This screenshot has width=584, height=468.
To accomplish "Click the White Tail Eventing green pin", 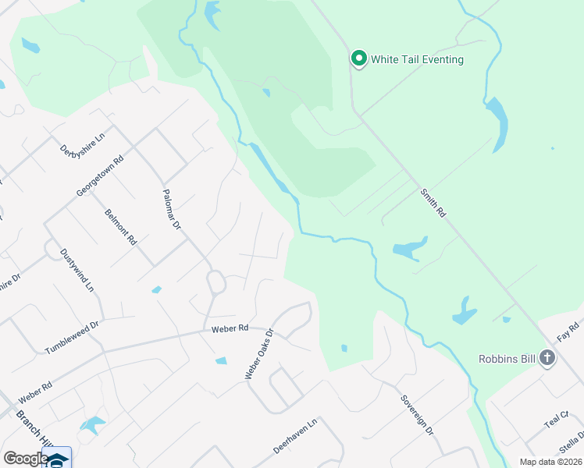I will click(x=358, y=58).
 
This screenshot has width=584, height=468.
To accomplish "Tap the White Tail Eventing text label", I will click(x=417, y=59).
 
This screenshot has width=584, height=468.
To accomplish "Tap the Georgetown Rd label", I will click(x=100, y=176).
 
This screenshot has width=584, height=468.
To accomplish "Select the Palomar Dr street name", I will click(x=171, y=209).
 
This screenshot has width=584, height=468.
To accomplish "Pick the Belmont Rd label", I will click(x=120, y=226).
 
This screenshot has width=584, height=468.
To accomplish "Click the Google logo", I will click(x=25, y=459).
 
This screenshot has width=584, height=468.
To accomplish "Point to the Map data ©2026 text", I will click(x=550, y=462).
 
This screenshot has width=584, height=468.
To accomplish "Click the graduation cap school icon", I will click(x=58, y=460).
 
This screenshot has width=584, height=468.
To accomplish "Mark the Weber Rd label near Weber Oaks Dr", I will click(x=229, y=329).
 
